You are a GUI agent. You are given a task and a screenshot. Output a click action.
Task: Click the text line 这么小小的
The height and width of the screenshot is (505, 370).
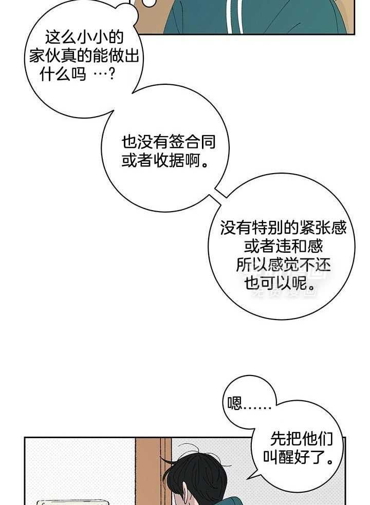coord(84,37)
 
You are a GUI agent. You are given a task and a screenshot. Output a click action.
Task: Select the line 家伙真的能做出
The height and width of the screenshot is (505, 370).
coord(84,56)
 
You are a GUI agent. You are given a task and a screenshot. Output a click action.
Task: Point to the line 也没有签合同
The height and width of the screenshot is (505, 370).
coord(169,142)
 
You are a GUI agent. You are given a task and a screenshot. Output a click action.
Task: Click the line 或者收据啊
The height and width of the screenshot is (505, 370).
coord(164,160)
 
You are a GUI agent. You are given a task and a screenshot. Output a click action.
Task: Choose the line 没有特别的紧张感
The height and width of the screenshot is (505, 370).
coord(284,228)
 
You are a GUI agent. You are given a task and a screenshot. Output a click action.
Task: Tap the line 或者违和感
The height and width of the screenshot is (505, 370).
coord(284,247)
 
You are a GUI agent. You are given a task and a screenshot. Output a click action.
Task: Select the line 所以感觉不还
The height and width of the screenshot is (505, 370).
coord(284,265)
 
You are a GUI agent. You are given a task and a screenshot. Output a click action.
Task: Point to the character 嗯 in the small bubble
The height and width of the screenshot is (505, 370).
coord(235,403)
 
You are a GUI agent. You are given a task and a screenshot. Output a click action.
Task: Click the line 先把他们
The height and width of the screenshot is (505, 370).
coord(301,439)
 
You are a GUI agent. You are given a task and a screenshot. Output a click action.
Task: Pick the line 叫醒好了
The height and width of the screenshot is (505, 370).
coord(298,457)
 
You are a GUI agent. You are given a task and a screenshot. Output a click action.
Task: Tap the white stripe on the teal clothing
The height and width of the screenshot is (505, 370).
coord(234,16)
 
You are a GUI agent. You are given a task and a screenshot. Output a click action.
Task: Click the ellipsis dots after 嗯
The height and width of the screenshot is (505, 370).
coord(257,408)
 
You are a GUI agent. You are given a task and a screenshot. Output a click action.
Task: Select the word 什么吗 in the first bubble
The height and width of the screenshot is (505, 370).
coord(63,74)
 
